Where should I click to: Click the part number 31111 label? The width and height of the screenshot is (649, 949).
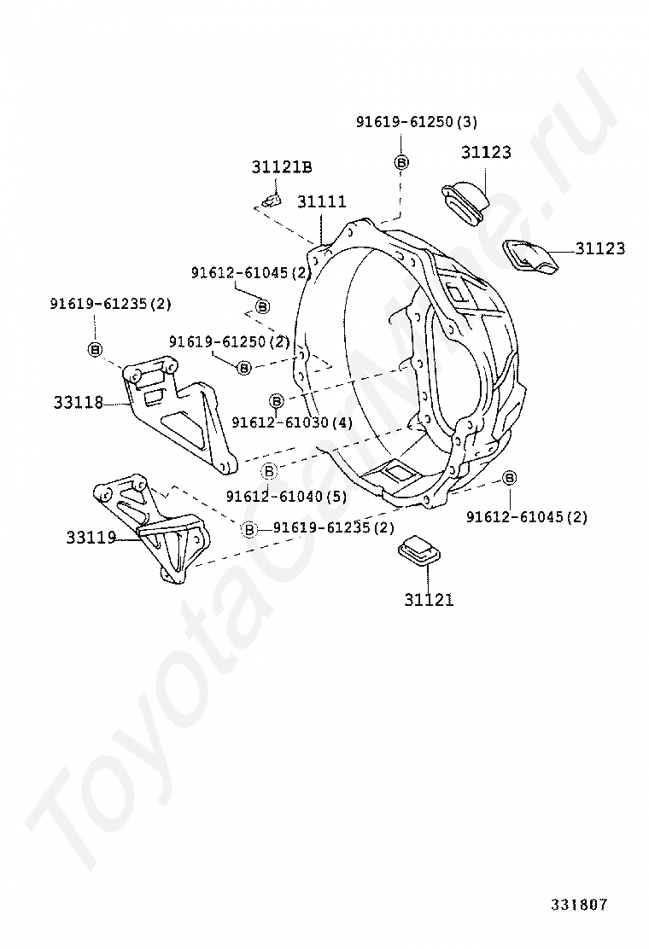(322, 202)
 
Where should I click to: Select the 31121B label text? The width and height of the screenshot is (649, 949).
(281, 167)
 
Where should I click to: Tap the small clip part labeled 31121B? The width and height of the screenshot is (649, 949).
(270, 201)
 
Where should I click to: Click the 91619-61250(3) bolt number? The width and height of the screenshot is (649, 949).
(416, 122)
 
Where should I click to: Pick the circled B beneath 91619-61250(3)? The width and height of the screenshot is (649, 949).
(401, 162)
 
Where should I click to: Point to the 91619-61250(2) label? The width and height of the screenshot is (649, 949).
(229, 341)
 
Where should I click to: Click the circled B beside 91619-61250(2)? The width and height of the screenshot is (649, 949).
(244, 368)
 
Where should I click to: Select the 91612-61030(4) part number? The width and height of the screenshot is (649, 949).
(290, 422)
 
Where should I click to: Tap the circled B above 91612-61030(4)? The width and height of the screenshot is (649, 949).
(276, 400)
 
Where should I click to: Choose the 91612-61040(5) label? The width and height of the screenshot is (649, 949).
(287, 496)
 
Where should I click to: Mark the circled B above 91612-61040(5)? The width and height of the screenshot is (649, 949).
(269, 471)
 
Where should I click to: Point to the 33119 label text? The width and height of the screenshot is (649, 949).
(91, 538)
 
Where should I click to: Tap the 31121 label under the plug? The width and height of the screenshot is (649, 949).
(429, 600)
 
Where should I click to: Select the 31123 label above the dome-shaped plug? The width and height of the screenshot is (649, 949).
(486, 153)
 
